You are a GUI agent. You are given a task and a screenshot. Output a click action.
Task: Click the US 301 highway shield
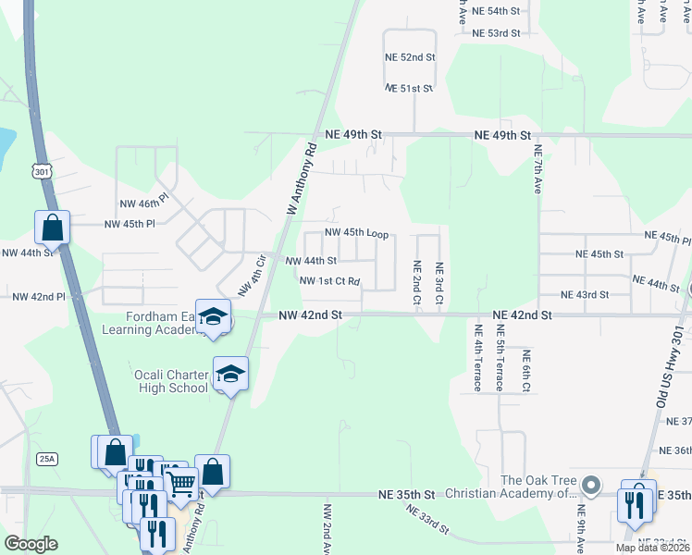tap(40, 171)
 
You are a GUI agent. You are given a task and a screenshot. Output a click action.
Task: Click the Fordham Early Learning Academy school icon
tap(214, 318)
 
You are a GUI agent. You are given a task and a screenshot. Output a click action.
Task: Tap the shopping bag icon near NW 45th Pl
tap(53, 227)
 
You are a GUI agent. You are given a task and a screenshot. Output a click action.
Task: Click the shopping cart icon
tap(181, 480)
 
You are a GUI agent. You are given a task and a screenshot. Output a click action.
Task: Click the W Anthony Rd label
tap(303, 179)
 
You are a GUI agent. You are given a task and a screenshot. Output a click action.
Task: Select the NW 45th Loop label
tap(356, 233)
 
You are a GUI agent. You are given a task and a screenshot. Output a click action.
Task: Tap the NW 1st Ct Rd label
tap(328, 279)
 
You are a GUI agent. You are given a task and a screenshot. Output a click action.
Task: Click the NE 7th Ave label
tap(538, 167)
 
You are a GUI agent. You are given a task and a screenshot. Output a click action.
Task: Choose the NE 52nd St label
tap(410, 56)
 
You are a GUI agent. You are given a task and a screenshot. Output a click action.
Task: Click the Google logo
tap(31, 544)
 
